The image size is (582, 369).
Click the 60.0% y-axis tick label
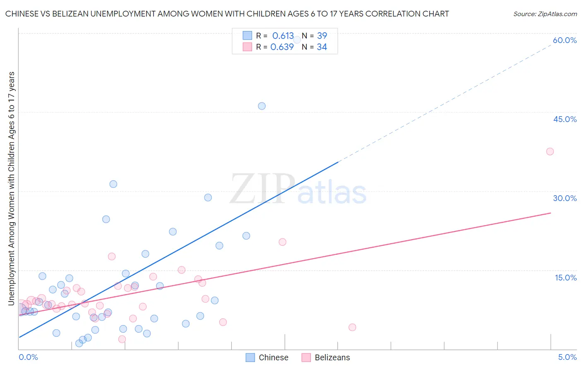click(565, 40)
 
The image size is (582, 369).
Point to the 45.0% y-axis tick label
click(565, 119)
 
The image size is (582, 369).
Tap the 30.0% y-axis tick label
click(565, 198)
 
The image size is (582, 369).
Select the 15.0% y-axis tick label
click(565, 278)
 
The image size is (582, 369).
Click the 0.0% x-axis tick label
click(28, 357)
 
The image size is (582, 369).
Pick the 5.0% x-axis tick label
click(567, 357)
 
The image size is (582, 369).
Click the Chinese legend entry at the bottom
click(267, 357)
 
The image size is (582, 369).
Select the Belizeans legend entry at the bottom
click(326, 357)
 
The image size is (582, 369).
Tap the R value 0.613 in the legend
click(283, 36)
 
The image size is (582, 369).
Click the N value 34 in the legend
click(322, 47)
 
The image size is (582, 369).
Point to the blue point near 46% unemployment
click(262, 106)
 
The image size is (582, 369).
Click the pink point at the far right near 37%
click(550, 151)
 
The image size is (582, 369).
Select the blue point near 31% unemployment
click(113, 184)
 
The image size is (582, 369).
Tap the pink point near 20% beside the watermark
click(282, 242)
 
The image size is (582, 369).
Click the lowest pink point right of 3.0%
click(352, 327)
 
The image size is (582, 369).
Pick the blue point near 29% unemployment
click(208, 198)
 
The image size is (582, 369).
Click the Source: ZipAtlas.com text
click(545, 14)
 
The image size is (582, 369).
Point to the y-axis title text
click(12, 188)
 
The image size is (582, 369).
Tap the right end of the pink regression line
click(551, 213)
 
